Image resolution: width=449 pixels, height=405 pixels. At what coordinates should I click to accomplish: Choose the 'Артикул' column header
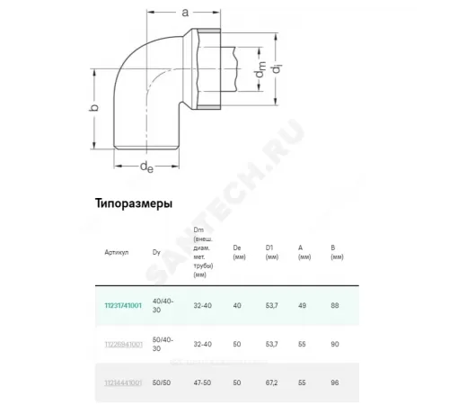pos(118,252)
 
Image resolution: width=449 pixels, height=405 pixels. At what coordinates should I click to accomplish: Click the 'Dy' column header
pos(156,252)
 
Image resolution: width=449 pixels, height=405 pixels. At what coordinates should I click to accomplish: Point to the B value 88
pos(336,305)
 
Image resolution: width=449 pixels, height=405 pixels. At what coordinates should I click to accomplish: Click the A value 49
pos(304,305)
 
